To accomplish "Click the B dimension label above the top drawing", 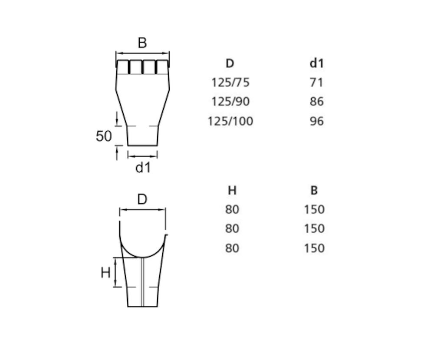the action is click(x=142, y=43).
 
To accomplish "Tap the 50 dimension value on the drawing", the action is click(x=104, y=136).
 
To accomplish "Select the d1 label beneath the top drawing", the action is click(x=143, y=168).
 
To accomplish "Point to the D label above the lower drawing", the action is click(x=142, y=199).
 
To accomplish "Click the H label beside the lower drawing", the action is click(x=105, y=273).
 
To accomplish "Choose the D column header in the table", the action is click(x=230, y=63).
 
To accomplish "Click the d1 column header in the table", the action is click(x=317, y=63).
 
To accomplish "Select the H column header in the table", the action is click(x=232, y=191).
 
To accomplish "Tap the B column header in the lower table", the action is click(x=314, y=191).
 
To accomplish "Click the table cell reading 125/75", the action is click(x=230, y=83).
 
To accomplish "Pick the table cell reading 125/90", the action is click(x=230, y=102).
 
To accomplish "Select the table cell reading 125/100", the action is click(x=230, y=121).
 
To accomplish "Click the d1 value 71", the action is click(x=317, y=83).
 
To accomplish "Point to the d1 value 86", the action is click(x=317, y=102).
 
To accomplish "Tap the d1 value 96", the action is click(x=317, y=121).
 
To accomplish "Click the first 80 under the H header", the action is click(x=232, y=210).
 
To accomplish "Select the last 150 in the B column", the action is click(x=314, y=248).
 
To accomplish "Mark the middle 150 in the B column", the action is click(x=314, y=229).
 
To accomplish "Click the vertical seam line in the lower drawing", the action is click(x=142, y=282).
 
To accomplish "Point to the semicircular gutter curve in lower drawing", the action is click(x=142, y=257).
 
